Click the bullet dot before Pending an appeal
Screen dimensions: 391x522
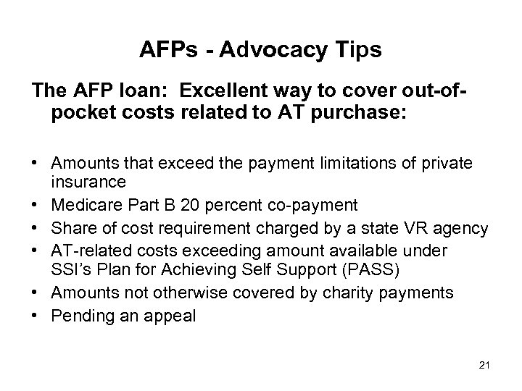36,315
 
